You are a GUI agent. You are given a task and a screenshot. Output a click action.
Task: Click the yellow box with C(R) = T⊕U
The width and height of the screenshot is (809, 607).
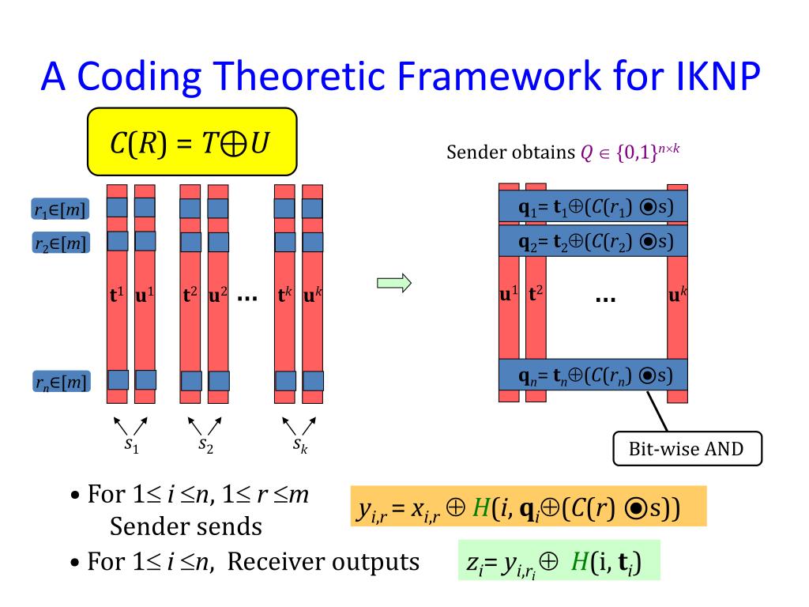click(x=191, y=141)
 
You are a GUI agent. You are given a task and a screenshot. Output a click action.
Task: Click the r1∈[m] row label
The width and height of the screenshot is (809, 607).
click(x=60, y=209)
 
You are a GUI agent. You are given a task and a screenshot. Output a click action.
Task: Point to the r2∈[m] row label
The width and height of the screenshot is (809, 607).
click(x=60, y=243)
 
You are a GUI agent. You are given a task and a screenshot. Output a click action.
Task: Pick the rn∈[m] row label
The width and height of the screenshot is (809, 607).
click(x=60, y=383)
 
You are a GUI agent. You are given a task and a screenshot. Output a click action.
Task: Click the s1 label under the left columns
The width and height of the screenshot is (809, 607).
click(x=131, y=445)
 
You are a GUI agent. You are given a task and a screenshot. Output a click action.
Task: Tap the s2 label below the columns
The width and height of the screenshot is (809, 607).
click(x=205, y=445)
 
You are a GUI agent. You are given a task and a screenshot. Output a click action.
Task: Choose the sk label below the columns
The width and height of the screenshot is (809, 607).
click(x=300, y=445)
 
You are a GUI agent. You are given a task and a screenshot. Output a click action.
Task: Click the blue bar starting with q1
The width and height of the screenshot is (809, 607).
click(x=593, y=208)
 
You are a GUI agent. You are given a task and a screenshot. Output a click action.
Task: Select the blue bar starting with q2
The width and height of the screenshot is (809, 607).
click(x=593, y=241)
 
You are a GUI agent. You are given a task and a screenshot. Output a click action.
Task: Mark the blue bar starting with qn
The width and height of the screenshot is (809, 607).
click(x=593, y=375)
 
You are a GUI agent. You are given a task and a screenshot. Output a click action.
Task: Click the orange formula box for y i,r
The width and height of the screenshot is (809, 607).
click(x=528, y=507)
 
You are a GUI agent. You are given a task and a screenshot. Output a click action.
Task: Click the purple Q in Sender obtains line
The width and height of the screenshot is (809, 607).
click(x=585, y=153)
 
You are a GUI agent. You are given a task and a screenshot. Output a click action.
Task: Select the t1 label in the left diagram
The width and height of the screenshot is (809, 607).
click(x=117, y=296)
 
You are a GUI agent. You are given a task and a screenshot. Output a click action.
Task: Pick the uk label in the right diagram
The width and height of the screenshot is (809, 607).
click(x=679, y=296)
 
